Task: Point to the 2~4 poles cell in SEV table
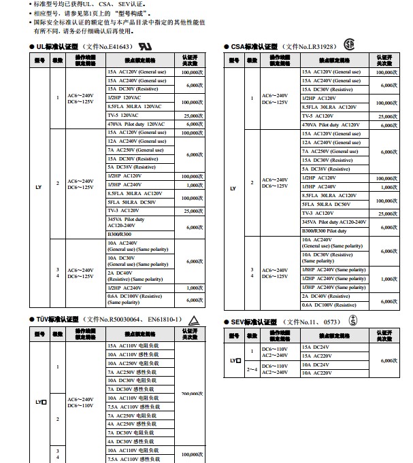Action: click(252, 369)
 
